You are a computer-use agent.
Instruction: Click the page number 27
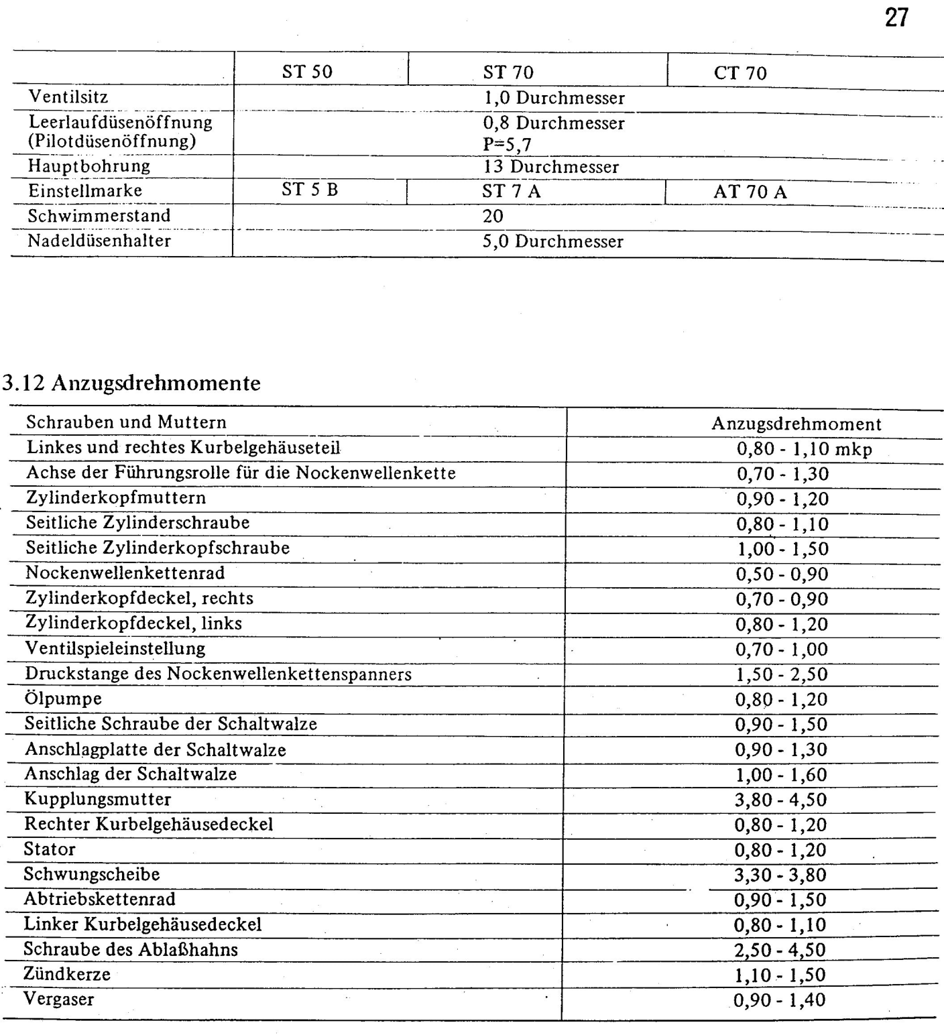pos(896,18)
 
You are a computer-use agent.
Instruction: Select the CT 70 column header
pos(740,73)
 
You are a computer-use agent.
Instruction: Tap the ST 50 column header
pos(307,72)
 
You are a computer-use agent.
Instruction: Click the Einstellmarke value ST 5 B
pos(310,190)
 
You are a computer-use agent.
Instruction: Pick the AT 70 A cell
pos(750,192)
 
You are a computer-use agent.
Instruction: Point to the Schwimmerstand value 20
pos(493,216)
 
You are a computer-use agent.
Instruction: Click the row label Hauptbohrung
pos(89,166)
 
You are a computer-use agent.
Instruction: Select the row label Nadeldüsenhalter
pos(99,241)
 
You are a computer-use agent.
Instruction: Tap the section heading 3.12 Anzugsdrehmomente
pos(132,383)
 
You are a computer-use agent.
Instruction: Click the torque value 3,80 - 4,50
pos(780,800)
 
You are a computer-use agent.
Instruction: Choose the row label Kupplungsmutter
pos(98,799)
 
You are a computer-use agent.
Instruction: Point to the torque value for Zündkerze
pos(780,975)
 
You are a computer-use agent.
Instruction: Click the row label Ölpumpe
pos(64,698)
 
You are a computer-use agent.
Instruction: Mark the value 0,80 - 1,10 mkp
pos(804,449)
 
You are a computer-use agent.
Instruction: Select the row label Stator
pos(50,849)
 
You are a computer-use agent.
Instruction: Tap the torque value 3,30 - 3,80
pos(780,875)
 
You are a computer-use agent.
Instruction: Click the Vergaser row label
pos(59,999)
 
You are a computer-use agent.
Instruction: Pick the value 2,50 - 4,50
pos(780,950)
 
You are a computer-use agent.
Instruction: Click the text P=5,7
pos(507,145)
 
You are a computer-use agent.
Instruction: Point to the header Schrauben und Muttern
pos(126,422)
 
